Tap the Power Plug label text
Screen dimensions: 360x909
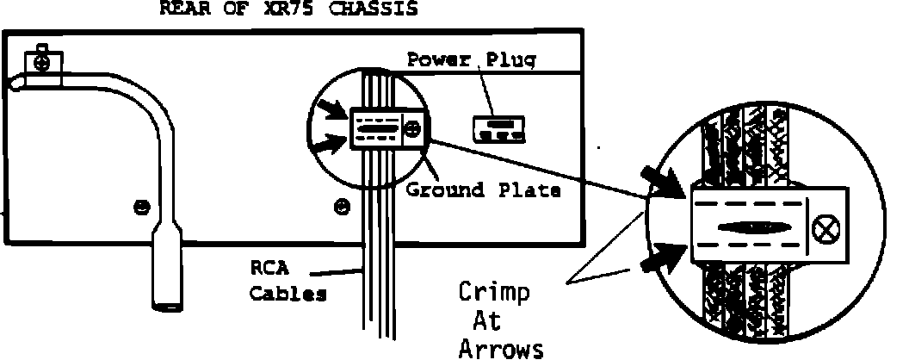coord(472,59)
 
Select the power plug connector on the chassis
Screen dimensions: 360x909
coord(498,129)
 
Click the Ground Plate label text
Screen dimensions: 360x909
coord(483,191)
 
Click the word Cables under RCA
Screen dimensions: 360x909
coord(288,294)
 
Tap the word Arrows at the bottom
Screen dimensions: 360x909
coord(501,348)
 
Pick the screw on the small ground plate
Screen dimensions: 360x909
coord(413,129)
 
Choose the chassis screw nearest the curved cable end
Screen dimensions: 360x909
coord(140,208)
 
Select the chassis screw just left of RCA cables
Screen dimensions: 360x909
coord(342,208)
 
